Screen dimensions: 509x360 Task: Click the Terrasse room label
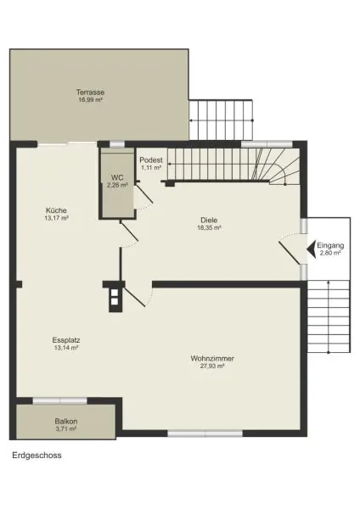[89, 92]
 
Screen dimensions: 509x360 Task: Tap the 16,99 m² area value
[89, 99]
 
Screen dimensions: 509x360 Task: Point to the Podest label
[151, 160]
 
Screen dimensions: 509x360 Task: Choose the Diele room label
[209, 220]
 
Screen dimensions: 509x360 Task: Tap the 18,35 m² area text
[209, 227]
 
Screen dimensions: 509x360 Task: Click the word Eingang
[330, 244]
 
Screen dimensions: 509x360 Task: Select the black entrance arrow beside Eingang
[309, 249]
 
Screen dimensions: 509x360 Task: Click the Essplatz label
[66, 340]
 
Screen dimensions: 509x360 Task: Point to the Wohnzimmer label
[212, 358]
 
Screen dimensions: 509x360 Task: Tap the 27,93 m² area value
[212, 366]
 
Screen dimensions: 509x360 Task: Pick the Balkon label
[66, 421]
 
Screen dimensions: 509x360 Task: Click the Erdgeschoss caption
[37, 456]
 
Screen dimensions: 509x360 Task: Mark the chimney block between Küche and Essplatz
[113, 296]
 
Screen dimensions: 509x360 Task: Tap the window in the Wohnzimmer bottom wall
[192, 433]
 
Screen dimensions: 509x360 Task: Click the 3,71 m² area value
[66, 429]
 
